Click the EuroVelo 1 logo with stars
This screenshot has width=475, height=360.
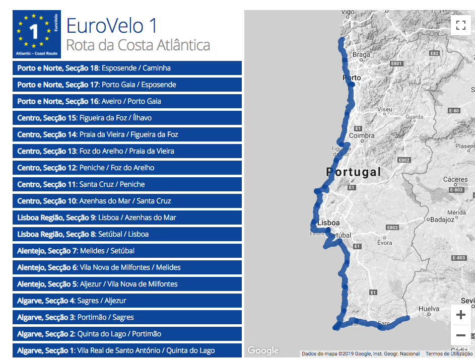click(x=37, y=34)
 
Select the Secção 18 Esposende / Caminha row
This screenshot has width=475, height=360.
click(x=127, y=68)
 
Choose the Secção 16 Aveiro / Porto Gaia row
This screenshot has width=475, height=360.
click(x=127, y=101)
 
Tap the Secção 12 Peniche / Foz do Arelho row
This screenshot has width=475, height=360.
click(x=127, y=168)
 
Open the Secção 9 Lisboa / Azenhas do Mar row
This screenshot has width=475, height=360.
click(x=127, y=218)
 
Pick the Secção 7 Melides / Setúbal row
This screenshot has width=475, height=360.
click(x=127, y=251)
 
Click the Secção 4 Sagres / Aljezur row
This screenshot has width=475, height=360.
click(x=127, y=301)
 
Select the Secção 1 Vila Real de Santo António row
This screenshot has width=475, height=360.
click(x=127, y=350)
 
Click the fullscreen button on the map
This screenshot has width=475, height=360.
click(x=460, y=25)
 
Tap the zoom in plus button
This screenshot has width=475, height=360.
click(x=460, y=315)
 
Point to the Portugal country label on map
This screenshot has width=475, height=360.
click(x=354, y=172)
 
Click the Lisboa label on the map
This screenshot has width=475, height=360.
click(x=329, y=223)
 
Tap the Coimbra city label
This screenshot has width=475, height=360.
click(x=362, y=135)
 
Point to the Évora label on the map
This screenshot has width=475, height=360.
click(x=384, y=243)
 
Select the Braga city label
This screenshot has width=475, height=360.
click(x=361, y=55)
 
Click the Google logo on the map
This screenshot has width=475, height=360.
click(x=263, y=350)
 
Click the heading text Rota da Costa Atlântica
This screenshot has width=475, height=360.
click(x=138, y=45)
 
